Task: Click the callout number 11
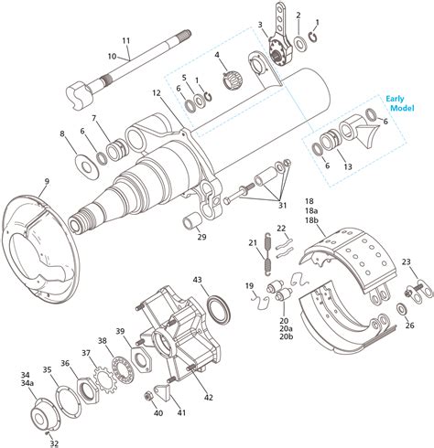point(126,40)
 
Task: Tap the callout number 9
point(47,181)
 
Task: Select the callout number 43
point(197,280)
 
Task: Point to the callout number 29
point(201,238)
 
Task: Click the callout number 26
point(409,325)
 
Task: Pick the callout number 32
point(54,443)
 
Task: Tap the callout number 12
point(157,93)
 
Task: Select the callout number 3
point(260,25)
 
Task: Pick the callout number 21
point(252,243)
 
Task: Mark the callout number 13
point(346,166)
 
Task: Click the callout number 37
point(86,352)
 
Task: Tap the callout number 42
point(210,397)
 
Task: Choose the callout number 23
point(405,262)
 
